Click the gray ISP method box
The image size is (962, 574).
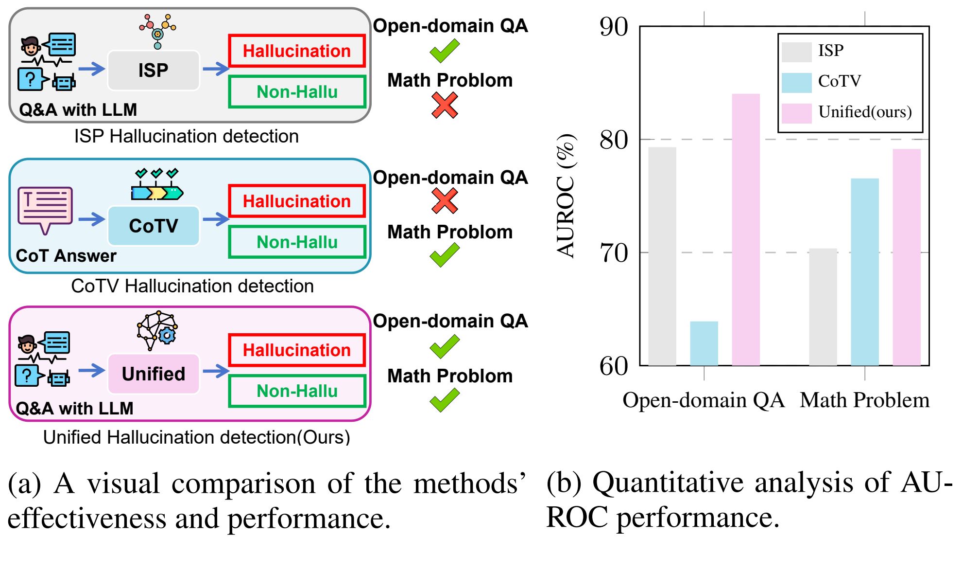(153, 71)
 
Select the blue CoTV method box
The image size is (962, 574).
(153, 226)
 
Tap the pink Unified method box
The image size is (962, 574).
(153, 374)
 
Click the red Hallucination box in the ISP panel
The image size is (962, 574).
(296, 51)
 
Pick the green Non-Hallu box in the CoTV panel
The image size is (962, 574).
(296, 242)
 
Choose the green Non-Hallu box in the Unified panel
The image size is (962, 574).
(296, 391)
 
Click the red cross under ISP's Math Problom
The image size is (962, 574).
(445, 105)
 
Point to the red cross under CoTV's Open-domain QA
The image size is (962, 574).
(445, 200)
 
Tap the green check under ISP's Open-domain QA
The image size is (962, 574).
(445, 51)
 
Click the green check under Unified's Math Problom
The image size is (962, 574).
(445, 400)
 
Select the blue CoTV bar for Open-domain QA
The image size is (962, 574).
(704, 343)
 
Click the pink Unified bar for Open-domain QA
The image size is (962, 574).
(746, 229)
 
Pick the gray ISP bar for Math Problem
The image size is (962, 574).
(823, 306)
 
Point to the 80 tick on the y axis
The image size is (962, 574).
(614, 140)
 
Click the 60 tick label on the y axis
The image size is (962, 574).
(614, 366)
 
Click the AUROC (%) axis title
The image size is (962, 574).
(566, 196)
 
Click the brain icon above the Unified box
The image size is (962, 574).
(157, 329)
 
